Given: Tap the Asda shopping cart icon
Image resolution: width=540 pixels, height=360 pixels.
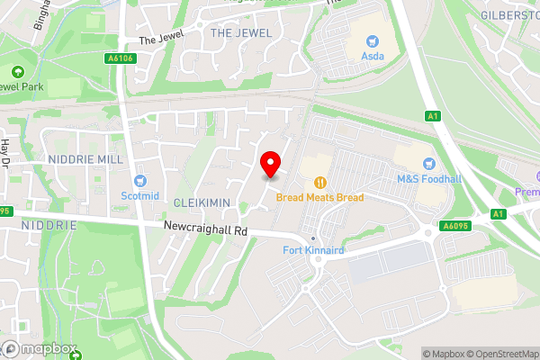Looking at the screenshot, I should [371, 40].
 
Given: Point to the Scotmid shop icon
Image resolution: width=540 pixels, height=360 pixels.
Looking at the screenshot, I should [139, 181].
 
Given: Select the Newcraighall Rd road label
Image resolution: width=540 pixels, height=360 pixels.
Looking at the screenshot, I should [206, 229].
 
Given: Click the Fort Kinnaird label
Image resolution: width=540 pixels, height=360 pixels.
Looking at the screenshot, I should [312, 249].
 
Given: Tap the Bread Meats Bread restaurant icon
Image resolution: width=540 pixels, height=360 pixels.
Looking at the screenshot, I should [319, 181].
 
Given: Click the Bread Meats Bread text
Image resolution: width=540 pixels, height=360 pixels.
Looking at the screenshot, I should [319, 196].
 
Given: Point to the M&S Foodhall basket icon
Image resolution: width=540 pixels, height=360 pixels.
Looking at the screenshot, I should [427, 163].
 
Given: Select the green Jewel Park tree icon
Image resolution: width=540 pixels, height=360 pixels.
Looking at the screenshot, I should [16, 72].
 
